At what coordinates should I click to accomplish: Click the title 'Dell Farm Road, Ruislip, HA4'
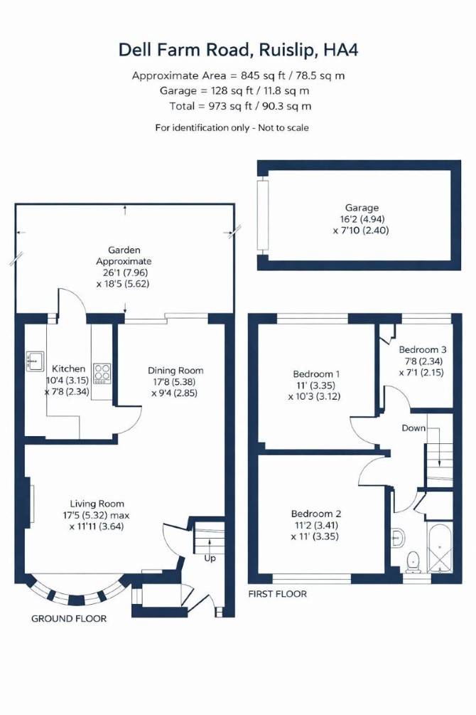(238, 50)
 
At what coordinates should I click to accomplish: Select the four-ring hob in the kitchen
(102, 373)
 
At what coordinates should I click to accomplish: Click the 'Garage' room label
(362, 208)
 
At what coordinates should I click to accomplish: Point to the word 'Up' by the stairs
(210, 558)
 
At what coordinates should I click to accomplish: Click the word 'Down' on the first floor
(413, 428)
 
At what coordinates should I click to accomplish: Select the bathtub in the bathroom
(440, 546)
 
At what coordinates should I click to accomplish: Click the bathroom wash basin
(398, 538)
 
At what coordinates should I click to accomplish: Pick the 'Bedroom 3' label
(423, 350)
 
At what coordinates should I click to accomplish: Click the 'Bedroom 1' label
(316, 374)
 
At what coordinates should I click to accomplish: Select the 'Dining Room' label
(175, 370)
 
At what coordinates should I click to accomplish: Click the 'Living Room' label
(97, 504)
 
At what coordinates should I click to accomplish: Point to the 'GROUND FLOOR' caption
(69, 618)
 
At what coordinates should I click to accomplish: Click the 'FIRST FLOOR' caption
(277, 594)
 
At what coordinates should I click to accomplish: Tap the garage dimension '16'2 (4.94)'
(362, 219)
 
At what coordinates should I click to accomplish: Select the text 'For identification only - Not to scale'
(232, 127)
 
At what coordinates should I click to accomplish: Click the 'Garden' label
(124, 250)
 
